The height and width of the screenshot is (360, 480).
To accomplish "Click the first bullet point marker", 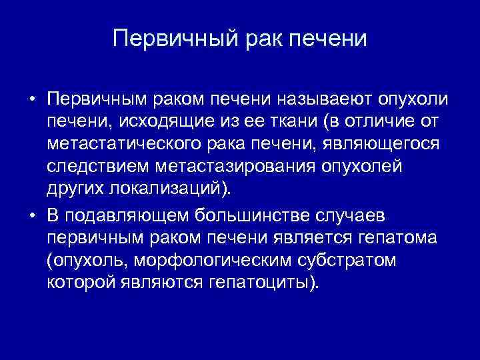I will pos(31,100).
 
